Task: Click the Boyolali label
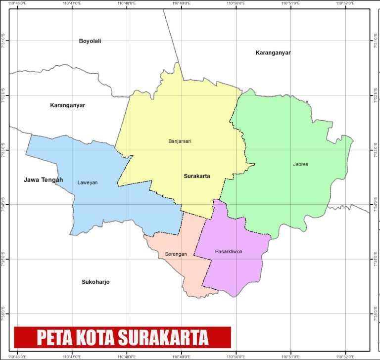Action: click(x=90, y=41)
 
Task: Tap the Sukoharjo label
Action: click(x=95, y=282)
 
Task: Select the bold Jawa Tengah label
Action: click(x=44, y=180)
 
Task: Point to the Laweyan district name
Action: click(x=88, y=182)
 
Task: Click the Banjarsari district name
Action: click(x=180, y=141)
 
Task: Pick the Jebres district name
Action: click(x=300, y=164)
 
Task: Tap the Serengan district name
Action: click(x=176, y=254)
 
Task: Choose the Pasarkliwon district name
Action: click(x=229, y=252)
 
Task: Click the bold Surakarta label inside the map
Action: click(x=197, y=176)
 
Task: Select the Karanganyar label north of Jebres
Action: click(x=273, y=52)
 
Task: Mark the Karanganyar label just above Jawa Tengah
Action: click(x=68, y=105)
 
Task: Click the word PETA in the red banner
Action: click(x=55, y=338)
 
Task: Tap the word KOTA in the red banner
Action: click(x=96, y=338)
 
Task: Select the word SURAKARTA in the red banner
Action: click(x=163, y=338)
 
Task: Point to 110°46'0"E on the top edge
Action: click(x=18, y=3)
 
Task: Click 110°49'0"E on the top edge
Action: click(x=182, y=3)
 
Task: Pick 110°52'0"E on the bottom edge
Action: click(x=345, y=356)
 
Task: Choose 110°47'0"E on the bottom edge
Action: click(x=72, y=356)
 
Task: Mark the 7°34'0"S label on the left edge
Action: click(x=4, y=204)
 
